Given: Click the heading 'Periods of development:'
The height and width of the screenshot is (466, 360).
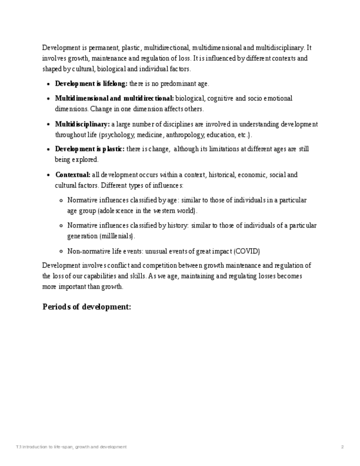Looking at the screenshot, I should (87, 307).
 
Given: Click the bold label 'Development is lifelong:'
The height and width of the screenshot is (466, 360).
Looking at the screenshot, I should (91, 84).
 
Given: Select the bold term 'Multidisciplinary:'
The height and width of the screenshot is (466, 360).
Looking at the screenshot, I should (82, 124).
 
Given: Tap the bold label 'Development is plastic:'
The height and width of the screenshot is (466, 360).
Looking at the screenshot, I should (90, 149).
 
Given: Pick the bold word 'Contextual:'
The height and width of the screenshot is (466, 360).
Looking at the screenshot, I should (73, 175).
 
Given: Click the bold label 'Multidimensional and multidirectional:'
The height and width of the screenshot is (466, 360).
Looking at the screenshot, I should (114, 98).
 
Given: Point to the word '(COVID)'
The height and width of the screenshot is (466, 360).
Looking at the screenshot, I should (247, 251).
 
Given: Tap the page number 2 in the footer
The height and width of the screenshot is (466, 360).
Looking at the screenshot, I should (342, 447).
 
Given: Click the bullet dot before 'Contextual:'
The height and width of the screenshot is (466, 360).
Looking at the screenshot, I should (49, 175).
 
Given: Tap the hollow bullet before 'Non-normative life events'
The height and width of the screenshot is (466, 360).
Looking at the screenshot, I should (61, 251).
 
